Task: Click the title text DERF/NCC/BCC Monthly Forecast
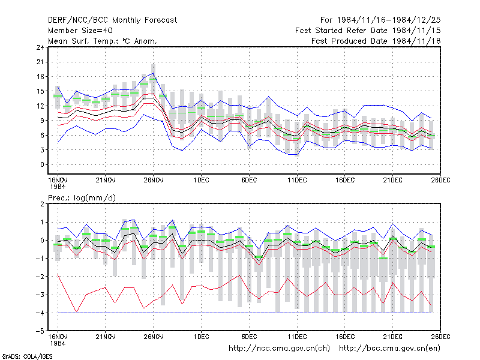click(x=112, y=20)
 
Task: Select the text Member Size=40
click(x=80, y=31)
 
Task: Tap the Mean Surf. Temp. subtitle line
click(x=103, y=41)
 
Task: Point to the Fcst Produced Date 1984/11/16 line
click(x=376, y=41)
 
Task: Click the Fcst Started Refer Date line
click(x=368, y=31)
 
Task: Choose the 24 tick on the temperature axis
click(x=40, y=47)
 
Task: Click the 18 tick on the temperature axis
click(x=40, y=77)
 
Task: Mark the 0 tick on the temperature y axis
click(x=42, y=164)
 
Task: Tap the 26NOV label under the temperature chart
click(x=154, y=181)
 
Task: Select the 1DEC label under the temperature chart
click(x=201, y=181)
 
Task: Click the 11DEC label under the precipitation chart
click(x=297, y=337)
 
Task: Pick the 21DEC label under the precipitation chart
click(x=392, y=337)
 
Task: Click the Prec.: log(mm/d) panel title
click(x=82, y=198)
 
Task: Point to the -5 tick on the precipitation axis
click(x=40, y=331)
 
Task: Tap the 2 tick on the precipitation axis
click(x=42, y=204)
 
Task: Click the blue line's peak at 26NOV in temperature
click(x=153, y=73)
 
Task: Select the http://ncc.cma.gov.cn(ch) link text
click(x=279, y=349)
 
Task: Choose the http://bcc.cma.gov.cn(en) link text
click(x=389, y=349)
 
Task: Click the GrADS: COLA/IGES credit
click(x=27, y=356)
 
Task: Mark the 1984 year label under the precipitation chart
click(x=58, y=343)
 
